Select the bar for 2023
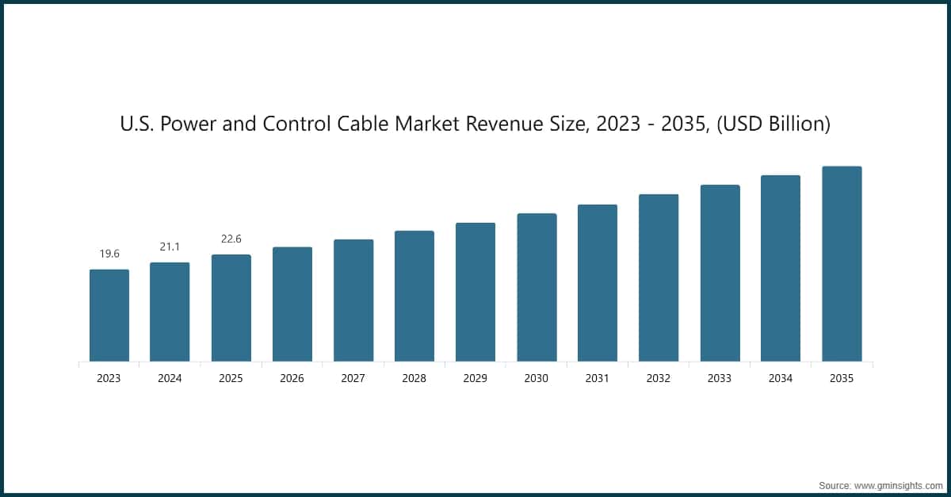tap(109, 315)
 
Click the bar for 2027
tap(353, 300)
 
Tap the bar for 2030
tap(537, 288)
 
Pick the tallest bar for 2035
tap(842, 264)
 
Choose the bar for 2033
tap(720, 273)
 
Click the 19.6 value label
tap(109, 254)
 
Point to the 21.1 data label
tap(170, 247)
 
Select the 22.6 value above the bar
tap(231, 239)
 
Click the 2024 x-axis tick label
tap(170, 379)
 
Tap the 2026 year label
tap(292, 379)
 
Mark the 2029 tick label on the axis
tap(475, 379)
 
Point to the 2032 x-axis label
tap(659, 379)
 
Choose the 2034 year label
tap(781, 379)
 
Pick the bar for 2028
tap(414, 296)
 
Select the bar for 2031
tap(598, 283)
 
